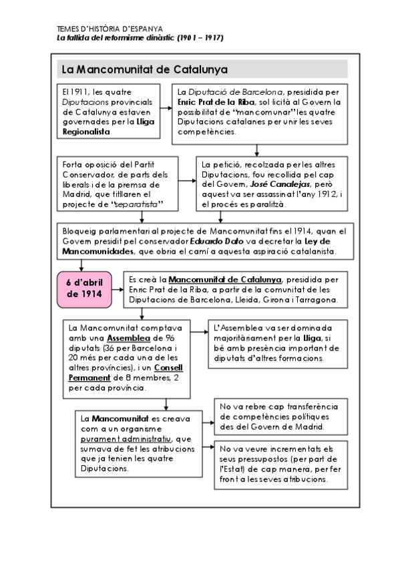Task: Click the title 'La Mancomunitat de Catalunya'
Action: click(x=144, y=69)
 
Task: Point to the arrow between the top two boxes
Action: click(x=166, y=111)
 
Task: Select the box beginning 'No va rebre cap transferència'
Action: click(x=278, y=416)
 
